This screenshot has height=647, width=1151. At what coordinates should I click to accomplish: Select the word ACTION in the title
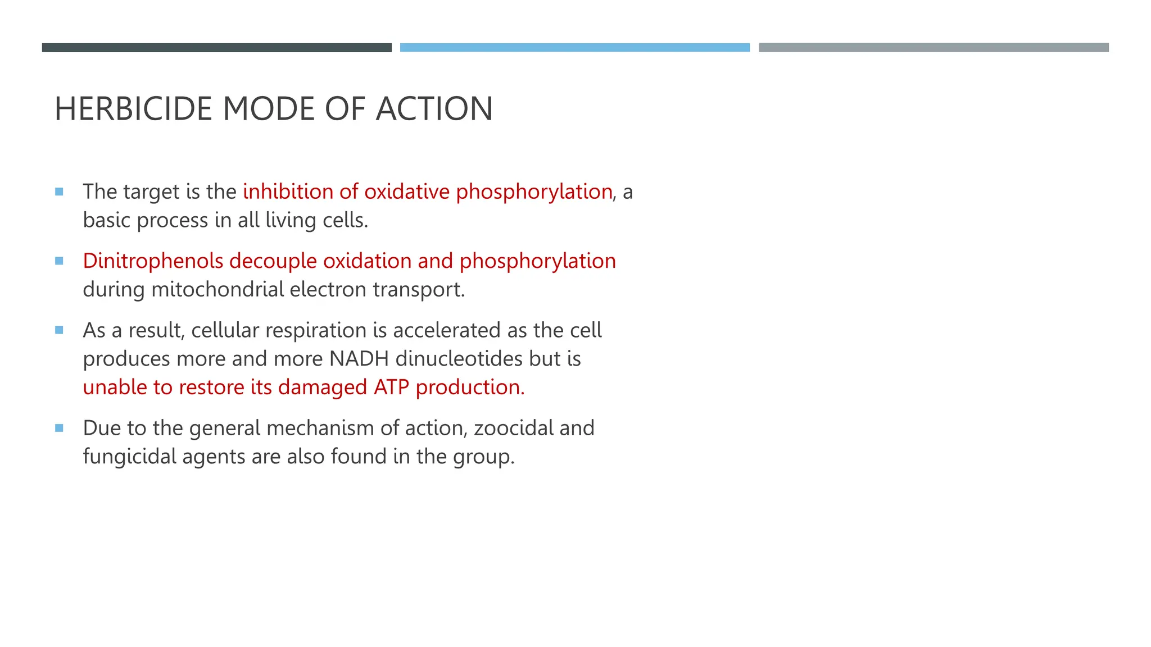tap(434, 109)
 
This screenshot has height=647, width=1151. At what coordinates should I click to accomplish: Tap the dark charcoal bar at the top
tap(216, 48)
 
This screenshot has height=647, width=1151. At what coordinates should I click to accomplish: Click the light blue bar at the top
tap(574, 48)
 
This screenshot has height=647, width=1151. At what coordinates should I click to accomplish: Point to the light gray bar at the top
tap(934, 48)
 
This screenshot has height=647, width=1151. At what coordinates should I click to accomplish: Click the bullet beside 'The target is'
tap(59, 192)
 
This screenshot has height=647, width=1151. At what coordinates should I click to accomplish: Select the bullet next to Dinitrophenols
tap(59, 261)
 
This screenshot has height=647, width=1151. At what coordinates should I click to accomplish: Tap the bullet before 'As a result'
tap(59, 330)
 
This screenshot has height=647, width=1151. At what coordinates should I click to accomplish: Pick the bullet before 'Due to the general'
tap(59, 428)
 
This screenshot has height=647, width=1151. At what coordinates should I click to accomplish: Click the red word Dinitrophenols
tap(153, 261)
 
